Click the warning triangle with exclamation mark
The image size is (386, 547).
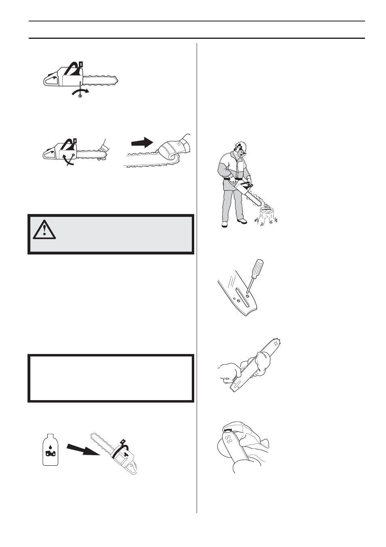coord(44,229)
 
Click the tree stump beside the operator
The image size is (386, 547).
coord(266,216)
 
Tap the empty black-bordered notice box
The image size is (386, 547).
coord(111,378)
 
